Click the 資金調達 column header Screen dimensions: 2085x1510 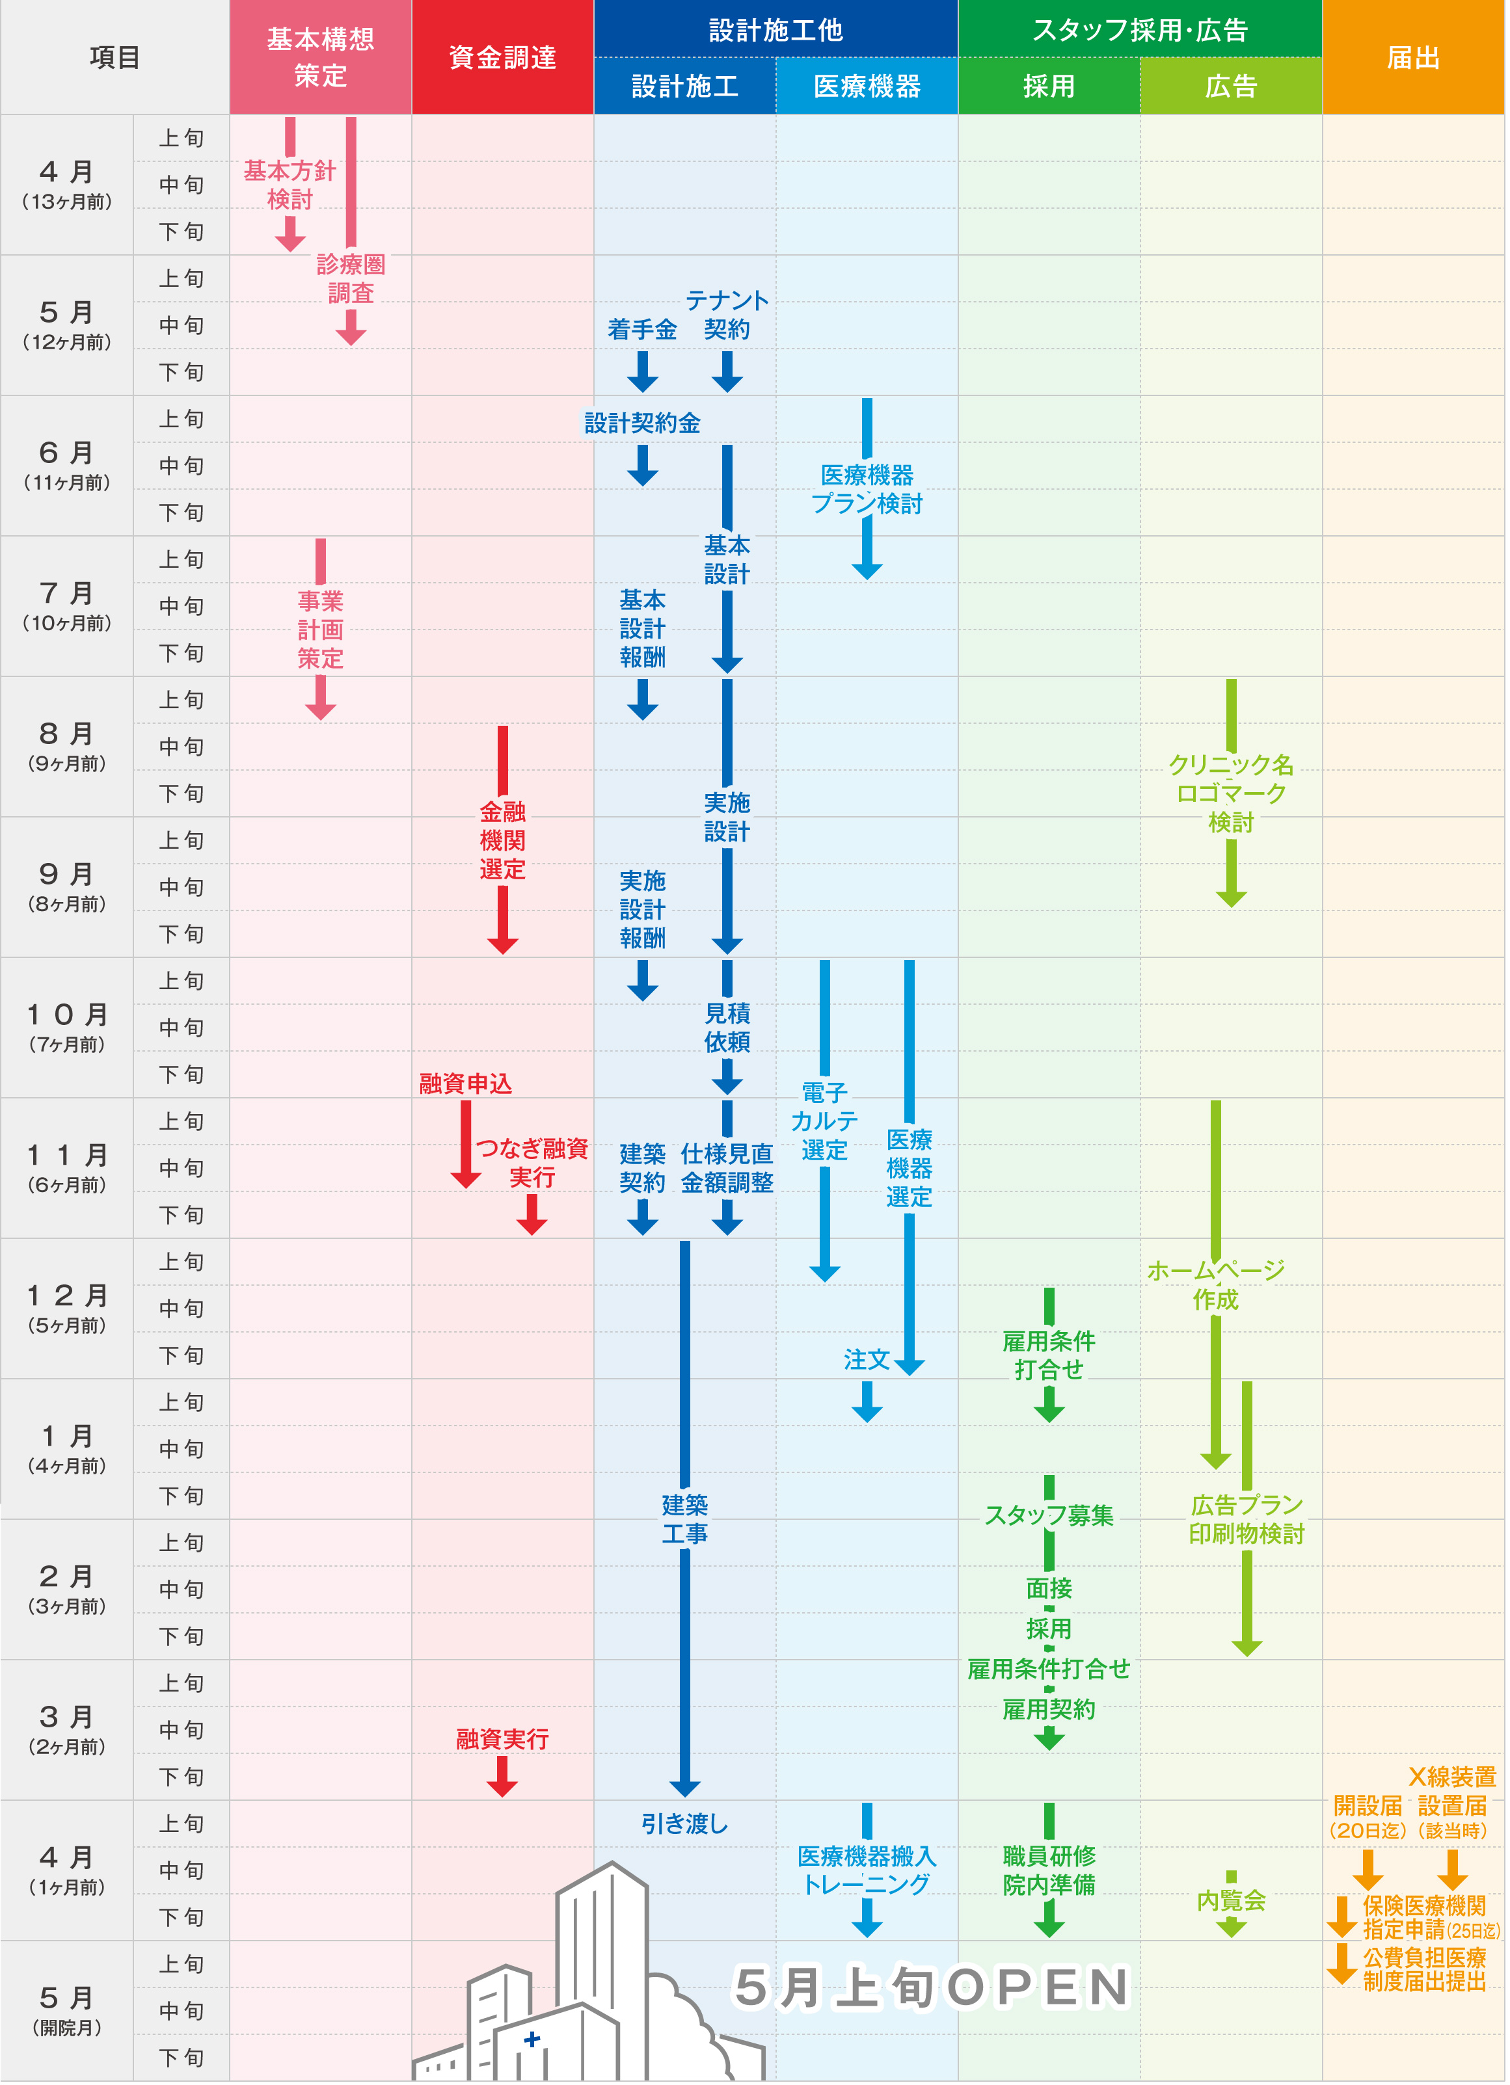tap(502, 57)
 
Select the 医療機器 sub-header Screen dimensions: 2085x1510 tap(867, 86)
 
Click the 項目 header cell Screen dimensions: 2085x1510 tap(115, 57)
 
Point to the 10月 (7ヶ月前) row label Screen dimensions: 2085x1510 tap(67, 1027)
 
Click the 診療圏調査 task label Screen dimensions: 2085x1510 tap(351, 278)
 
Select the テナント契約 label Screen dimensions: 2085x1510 tap(727, 314)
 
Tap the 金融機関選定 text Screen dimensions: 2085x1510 tap(502, 840)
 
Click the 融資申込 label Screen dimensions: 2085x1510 tap(465, 1084)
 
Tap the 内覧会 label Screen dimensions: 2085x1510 tap(1230, 1900)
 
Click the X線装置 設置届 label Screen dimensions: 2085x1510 tap(1452, 1791)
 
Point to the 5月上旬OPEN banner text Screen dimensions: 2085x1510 tap(930, 1987)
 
